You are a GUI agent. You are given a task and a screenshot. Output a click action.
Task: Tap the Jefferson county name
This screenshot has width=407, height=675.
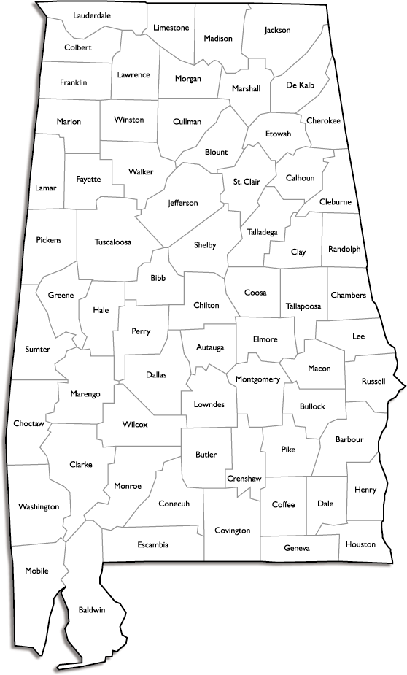tap(182, 203)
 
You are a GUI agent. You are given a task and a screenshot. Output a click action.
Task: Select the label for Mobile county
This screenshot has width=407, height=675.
tap(36, 571)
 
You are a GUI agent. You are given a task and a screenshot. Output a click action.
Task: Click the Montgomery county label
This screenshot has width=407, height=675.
tap(257, 379)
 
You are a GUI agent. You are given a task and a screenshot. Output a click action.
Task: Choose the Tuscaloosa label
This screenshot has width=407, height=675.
tap(112, 242)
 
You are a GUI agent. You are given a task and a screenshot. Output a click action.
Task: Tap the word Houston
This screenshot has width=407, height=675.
tap(360, 544)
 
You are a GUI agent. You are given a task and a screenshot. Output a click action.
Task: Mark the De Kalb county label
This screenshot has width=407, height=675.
tap(301, 85)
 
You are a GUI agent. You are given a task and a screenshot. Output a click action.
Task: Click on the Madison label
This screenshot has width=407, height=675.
tap(217, 38)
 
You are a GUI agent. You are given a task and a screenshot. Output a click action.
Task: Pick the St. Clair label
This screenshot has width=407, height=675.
tap(247, 181)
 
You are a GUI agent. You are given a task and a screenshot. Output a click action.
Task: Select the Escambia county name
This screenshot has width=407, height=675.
tap(152, 545)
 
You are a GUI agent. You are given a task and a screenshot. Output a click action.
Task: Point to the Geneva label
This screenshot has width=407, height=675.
tap(297, 548)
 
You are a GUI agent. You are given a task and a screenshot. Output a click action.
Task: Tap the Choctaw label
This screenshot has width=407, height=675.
tap(29, 423)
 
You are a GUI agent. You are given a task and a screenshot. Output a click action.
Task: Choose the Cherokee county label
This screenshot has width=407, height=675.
tap(324, 121)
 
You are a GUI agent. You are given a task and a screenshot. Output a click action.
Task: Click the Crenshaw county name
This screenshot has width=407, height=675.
tap(244, 478)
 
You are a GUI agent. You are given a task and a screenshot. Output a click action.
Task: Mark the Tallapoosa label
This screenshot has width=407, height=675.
tap(303, 306)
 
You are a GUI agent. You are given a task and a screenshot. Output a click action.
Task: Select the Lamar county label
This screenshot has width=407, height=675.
tap(45, 188)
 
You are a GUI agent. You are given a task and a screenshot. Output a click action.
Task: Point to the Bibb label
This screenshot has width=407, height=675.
tap(158, 278)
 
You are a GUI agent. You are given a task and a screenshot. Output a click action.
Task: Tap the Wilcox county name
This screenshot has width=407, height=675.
tap(135, 424)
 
